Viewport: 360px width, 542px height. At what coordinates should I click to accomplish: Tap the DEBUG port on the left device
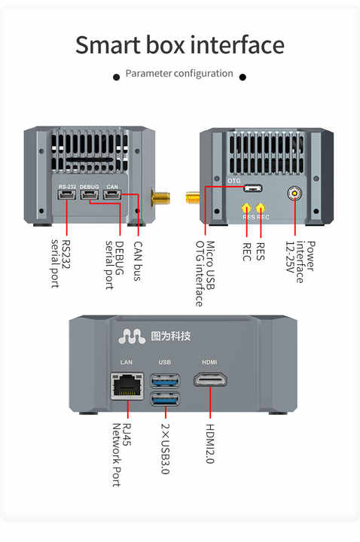tap(90, 196)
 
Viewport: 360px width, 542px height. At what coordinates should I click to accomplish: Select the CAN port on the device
tap(112, 196)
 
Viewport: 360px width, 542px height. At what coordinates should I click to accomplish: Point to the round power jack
tap(294, 193)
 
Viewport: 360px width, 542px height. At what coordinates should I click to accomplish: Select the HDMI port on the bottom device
tap(210, 379)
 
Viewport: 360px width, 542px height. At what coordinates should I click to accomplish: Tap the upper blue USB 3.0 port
tap(165, 379)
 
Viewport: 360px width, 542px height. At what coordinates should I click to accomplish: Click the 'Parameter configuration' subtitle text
tap(179, 74)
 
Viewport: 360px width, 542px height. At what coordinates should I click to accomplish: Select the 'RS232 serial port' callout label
tap(61, 263)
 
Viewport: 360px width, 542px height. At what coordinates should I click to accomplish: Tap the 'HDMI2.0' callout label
tap(210, 443)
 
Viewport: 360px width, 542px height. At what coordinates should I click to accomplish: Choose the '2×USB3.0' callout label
tap(166, 447)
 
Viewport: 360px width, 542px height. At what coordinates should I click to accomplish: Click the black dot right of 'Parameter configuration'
tap(243, 76)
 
